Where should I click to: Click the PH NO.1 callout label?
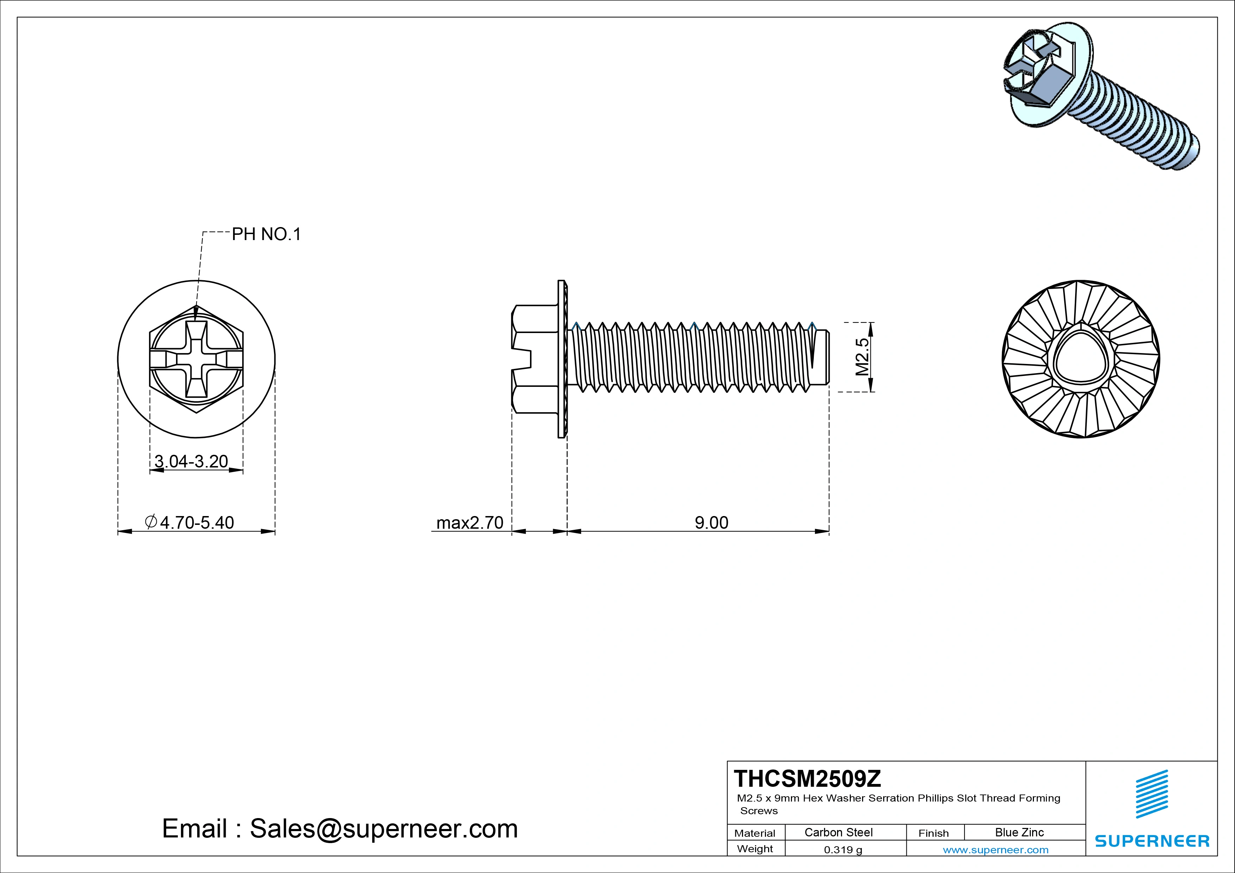(x=266, y=234)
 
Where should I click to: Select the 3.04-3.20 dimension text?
(x=191, y=461)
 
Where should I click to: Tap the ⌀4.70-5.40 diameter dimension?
(x=190, y=522)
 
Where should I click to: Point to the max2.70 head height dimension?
(x=469, y=522)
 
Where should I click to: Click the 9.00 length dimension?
(x=711, y=522)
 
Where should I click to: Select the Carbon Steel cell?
(x=838, y=833)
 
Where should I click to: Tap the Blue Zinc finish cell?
(x=1019, y=833)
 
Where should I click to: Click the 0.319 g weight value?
(x=843, y=850)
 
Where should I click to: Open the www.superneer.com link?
(x=996, y=850)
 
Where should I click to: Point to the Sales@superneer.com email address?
(x=383, y=828)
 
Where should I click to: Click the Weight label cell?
(x=755, y=849)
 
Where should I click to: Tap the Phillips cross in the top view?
(x=197, y=359)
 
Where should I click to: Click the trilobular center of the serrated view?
(x=1081, y=359)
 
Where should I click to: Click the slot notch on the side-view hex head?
(x=522, y=359)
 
